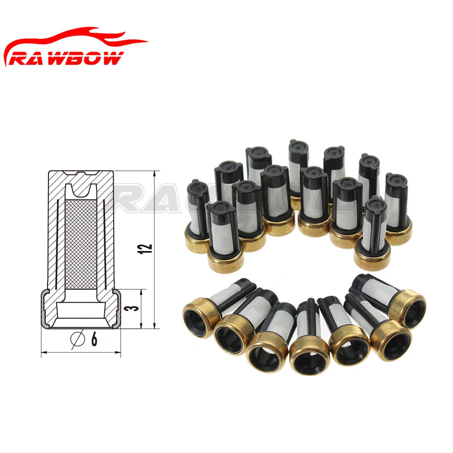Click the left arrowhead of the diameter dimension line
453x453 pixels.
click(x=44, y=351)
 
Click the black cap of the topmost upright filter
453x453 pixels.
click(x=299, y=148)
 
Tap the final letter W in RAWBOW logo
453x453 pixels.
click(x=113, y=58)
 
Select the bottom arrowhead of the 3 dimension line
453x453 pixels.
click(x=142, y=325)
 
